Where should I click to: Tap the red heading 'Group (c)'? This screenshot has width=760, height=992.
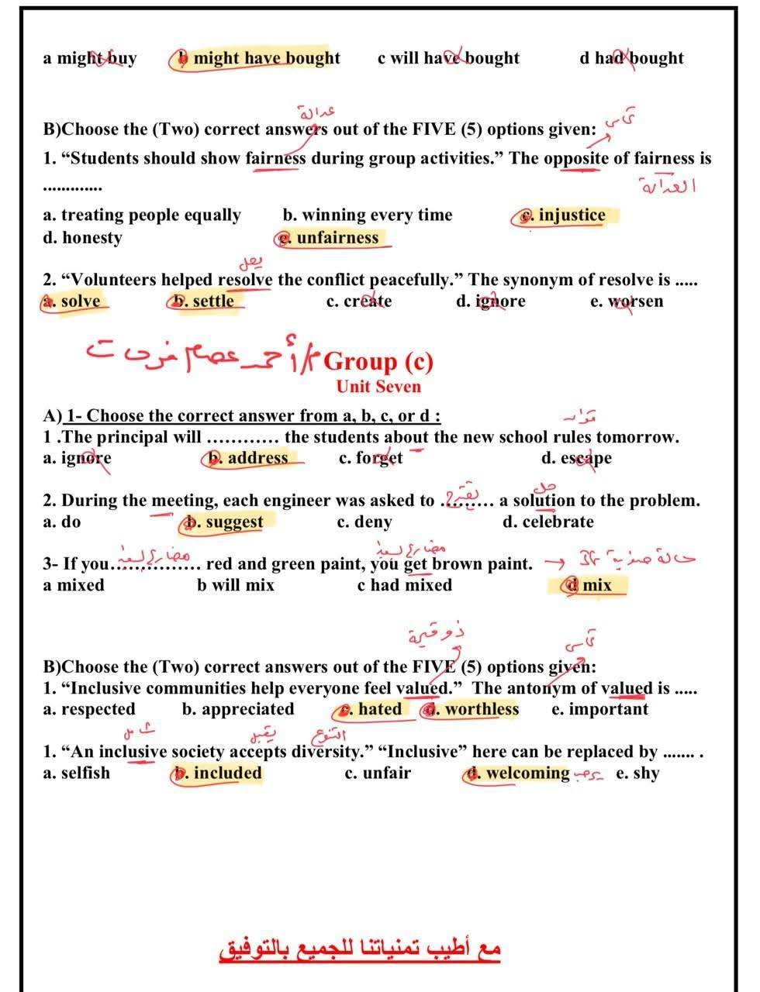coord(378,361)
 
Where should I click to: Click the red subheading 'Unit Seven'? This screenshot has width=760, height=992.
coord(378,387)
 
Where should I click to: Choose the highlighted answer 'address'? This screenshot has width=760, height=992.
coord(257,458)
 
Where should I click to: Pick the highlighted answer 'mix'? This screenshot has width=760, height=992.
coord(596,585)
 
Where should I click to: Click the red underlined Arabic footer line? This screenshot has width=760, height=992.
coord(361,949)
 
